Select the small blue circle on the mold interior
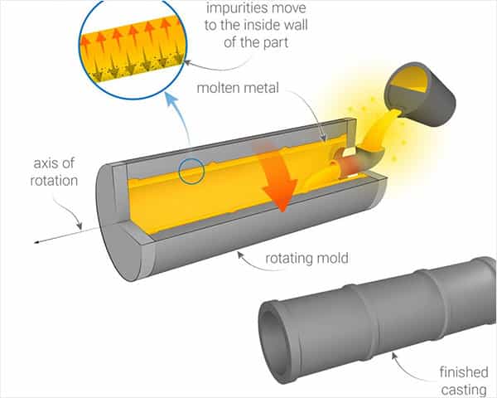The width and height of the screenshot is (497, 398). point(192,172)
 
